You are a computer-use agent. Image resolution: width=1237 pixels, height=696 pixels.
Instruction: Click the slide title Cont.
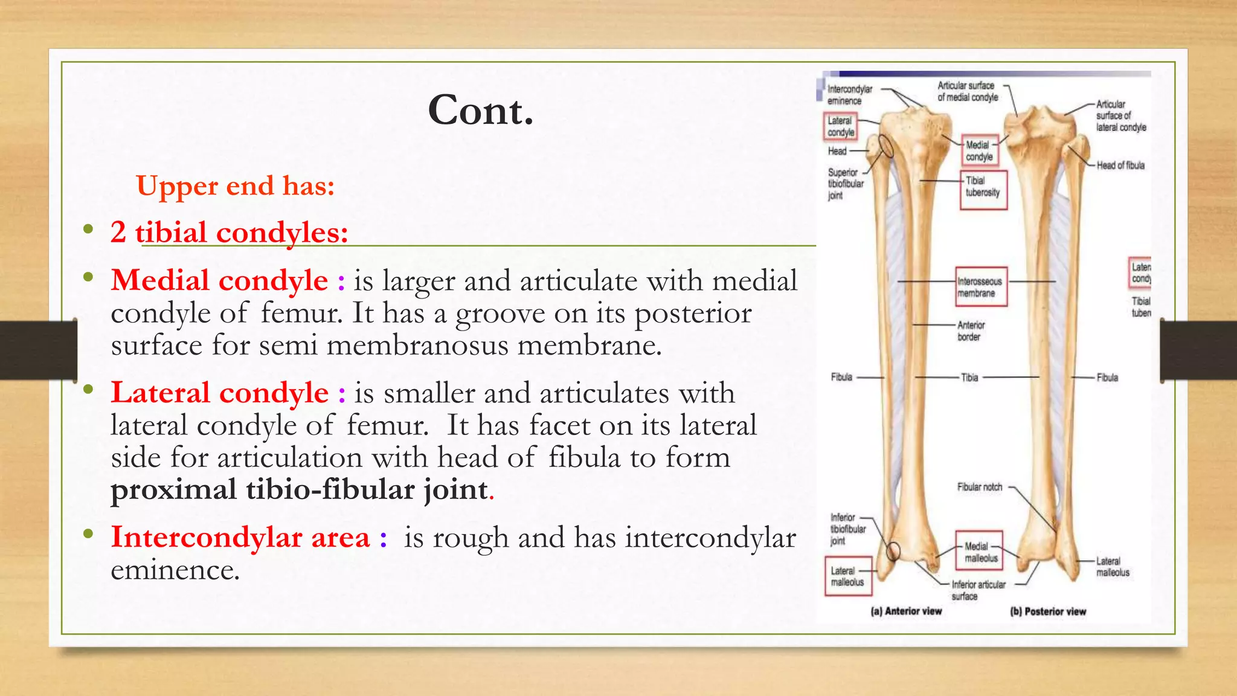[481, 111]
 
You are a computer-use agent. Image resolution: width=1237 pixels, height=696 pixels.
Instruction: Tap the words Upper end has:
[235, 185]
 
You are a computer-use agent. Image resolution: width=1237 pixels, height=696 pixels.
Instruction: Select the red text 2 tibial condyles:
[230, 232]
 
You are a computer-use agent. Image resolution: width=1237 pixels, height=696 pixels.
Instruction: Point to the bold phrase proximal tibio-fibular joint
[300, 489]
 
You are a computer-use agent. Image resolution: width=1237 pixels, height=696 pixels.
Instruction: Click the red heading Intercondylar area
[240, 537]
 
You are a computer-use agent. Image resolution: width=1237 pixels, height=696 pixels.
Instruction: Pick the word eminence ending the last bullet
[175, 570]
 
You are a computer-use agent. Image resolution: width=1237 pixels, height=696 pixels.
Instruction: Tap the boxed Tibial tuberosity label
[983, 187]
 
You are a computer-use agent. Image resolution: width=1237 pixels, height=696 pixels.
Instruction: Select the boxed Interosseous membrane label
[981, 287]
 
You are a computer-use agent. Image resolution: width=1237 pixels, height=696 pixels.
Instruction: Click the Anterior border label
[971, 331]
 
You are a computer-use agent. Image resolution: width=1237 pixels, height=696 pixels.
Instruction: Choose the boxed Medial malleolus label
[979, 552]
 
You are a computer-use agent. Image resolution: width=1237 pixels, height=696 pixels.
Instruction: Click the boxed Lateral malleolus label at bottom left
[847, 576]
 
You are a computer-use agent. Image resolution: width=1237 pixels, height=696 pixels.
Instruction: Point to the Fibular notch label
[979, 487]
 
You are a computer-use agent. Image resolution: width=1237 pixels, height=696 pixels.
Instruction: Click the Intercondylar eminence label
[849, 95]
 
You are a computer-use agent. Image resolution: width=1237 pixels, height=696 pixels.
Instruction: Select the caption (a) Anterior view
[906, 611]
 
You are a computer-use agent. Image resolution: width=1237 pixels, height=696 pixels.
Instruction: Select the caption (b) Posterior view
[1048, 611]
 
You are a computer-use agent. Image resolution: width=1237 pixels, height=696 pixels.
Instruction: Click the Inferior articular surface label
[978, 590]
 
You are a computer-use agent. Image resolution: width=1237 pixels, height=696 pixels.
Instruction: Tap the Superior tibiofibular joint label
[845, 184]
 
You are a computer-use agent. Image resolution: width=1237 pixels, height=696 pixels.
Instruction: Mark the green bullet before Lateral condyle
[89, 390]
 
